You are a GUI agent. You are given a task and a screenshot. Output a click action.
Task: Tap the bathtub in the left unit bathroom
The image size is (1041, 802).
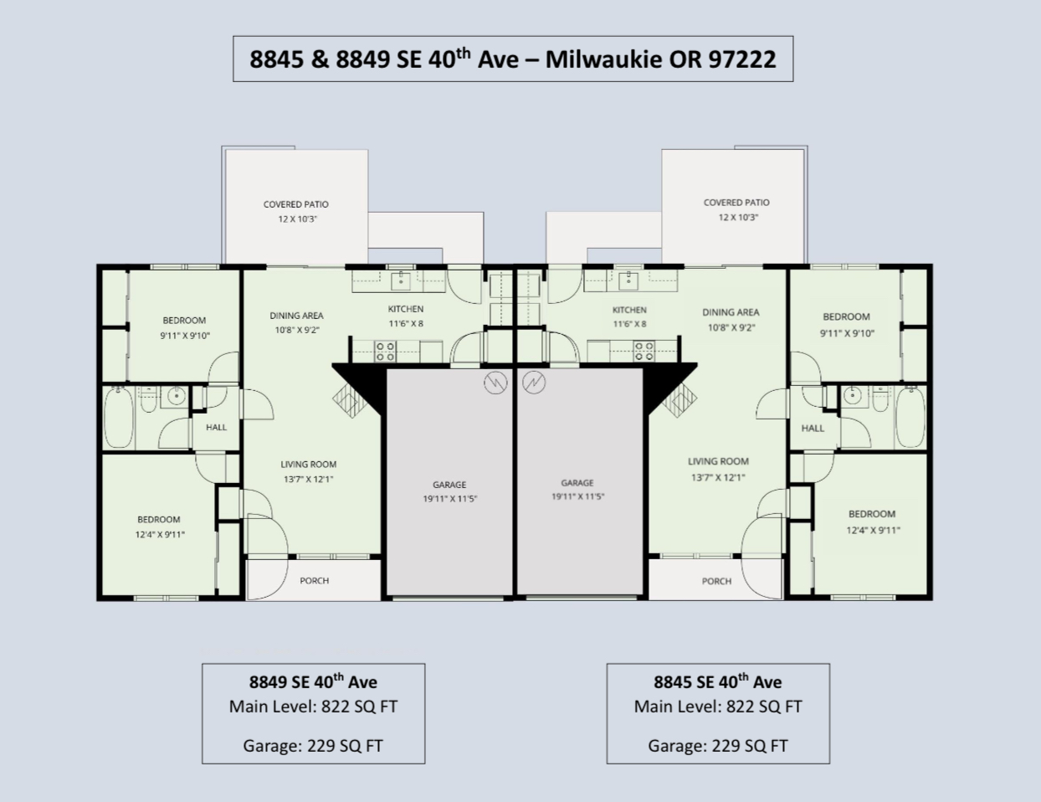pos(119,419)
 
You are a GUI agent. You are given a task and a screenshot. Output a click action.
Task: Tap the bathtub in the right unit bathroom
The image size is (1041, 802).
pos(910,417)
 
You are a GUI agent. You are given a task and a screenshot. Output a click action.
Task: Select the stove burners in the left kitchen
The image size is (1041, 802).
pos(385,351)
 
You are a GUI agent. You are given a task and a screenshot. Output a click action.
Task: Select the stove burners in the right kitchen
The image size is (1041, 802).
pos(644,351)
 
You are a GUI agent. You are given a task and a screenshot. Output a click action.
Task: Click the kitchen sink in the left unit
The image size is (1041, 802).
pos(401,281)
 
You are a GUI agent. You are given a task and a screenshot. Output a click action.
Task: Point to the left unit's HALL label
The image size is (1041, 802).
pos(217,427)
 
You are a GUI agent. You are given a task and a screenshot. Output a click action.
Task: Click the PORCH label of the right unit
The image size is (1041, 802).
pos(716,581)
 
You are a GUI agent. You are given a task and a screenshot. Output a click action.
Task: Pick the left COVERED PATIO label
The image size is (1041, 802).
pos(296,204)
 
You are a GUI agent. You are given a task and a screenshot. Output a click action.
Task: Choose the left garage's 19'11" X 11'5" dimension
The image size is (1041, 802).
pos(450,499)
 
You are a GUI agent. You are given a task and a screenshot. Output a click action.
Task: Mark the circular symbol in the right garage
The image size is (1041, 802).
pos(534,383)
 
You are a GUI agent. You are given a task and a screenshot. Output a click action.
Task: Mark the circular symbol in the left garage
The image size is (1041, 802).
pos(495,383)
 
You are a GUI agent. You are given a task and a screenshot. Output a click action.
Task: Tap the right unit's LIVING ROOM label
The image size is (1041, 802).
pos(718,461)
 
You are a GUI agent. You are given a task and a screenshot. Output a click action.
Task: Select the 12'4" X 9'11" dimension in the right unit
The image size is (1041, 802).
pos(874,531)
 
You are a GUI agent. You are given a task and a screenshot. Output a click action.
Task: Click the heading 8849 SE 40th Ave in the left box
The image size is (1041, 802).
pos(313,681)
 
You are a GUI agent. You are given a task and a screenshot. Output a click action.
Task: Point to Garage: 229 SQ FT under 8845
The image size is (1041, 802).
pos(718,745)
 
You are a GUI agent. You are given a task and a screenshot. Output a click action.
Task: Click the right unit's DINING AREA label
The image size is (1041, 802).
pos(731,312)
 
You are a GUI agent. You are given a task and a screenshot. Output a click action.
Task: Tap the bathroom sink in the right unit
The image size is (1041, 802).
pos(852,396)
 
